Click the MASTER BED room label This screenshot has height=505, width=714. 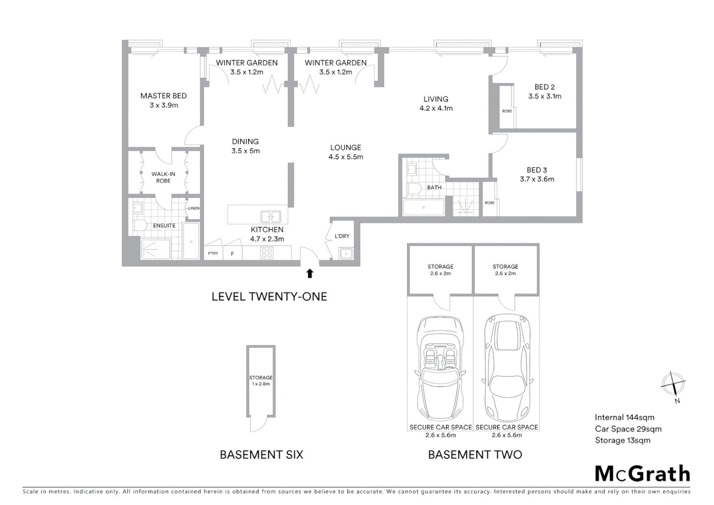point(163,96)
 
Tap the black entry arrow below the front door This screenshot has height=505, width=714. point(309,274)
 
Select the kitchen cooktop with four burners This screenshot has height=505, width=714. point(267,253)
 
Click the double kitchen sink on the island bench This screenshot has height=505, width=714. point(271,216)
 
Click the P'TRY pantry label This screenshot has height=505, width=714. point(213,253)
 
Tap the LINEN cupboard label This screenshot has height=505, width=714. point(193,209)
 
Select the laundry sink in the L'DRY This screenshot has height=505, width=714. point(346,254)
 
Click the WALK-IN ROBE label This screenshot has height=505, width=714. point(163,177)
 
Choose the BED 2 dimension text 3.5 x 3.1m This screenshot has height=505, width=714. point(545,96)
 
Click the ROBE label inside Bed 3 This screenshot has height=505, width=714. point(489,203)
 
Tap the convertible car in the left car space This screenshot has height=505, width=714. point(439,368)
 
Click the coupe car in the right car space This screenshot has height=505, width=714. point(507,368)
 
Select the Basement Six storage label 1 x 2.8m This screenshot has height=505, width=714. point(261,384)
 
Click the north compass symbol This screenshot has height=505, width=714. point(673,385)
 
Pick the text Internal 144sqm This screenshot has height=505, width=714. point(624,418)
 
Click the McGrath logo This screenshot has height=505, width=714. point(642,474)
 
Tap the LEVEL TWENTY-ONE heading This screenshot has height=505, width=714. point(269,296)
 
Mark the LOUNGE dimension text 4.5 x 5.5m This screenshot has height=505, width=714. point(346,157)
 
